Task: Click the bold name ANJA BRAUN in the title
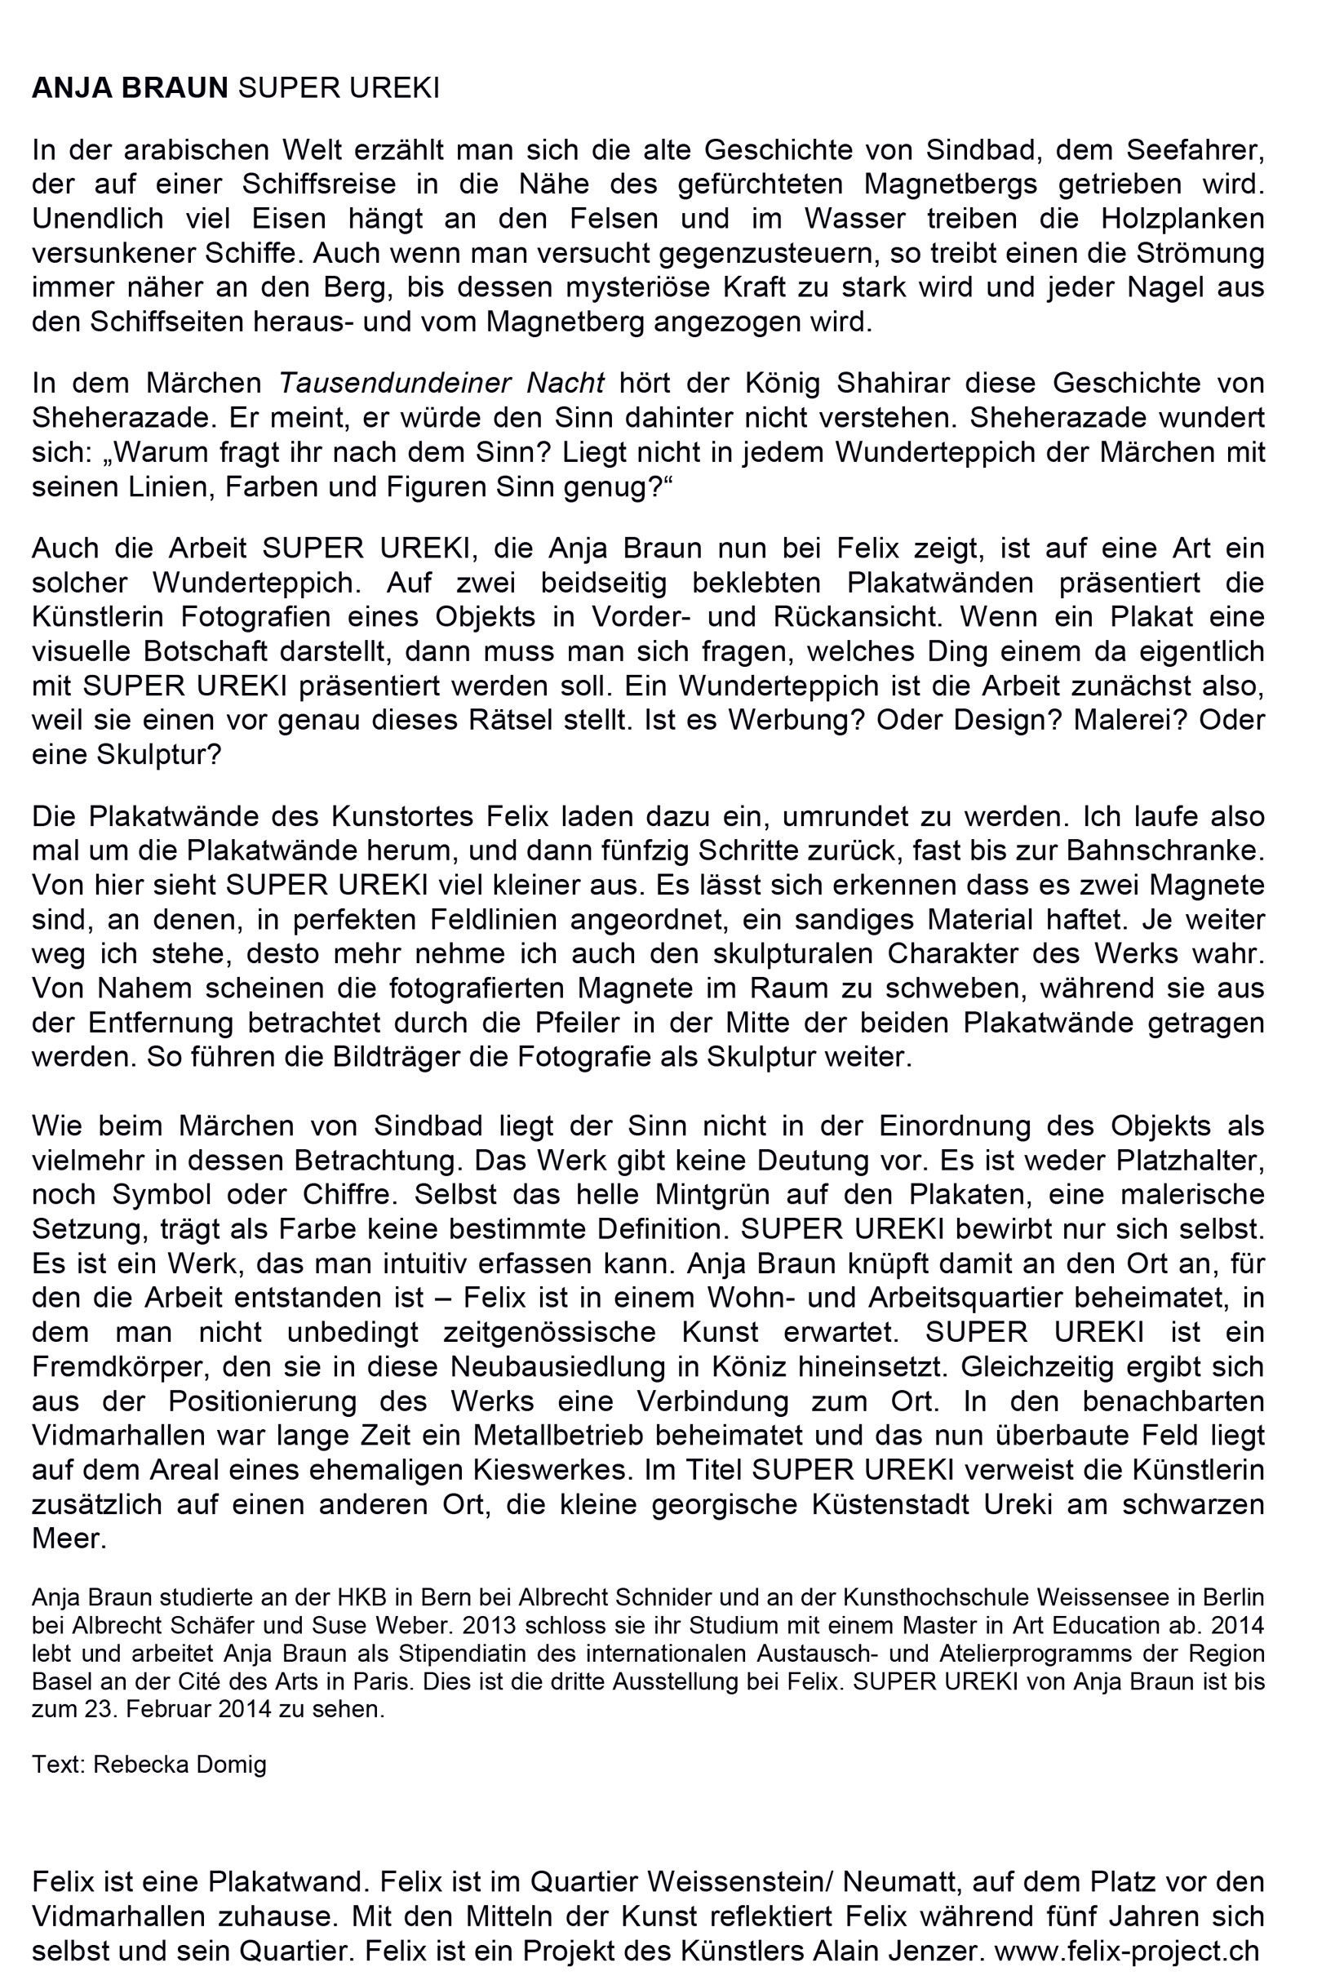coord(130,87)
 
